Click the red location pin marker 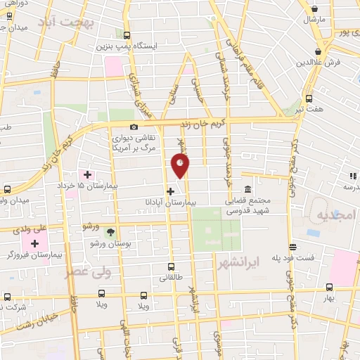[181, 165]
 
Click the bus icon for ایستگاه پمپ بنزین [127, 35]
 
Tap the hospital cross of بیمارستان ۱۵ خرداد [87, 174]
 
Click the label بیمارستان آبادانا [196, 201]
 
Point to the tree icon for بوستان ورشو [110, 231]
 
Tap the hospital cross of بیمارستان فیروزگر [34, 243]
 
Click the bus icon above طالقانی [171, 266]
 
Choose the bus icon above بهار [329, 288]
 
